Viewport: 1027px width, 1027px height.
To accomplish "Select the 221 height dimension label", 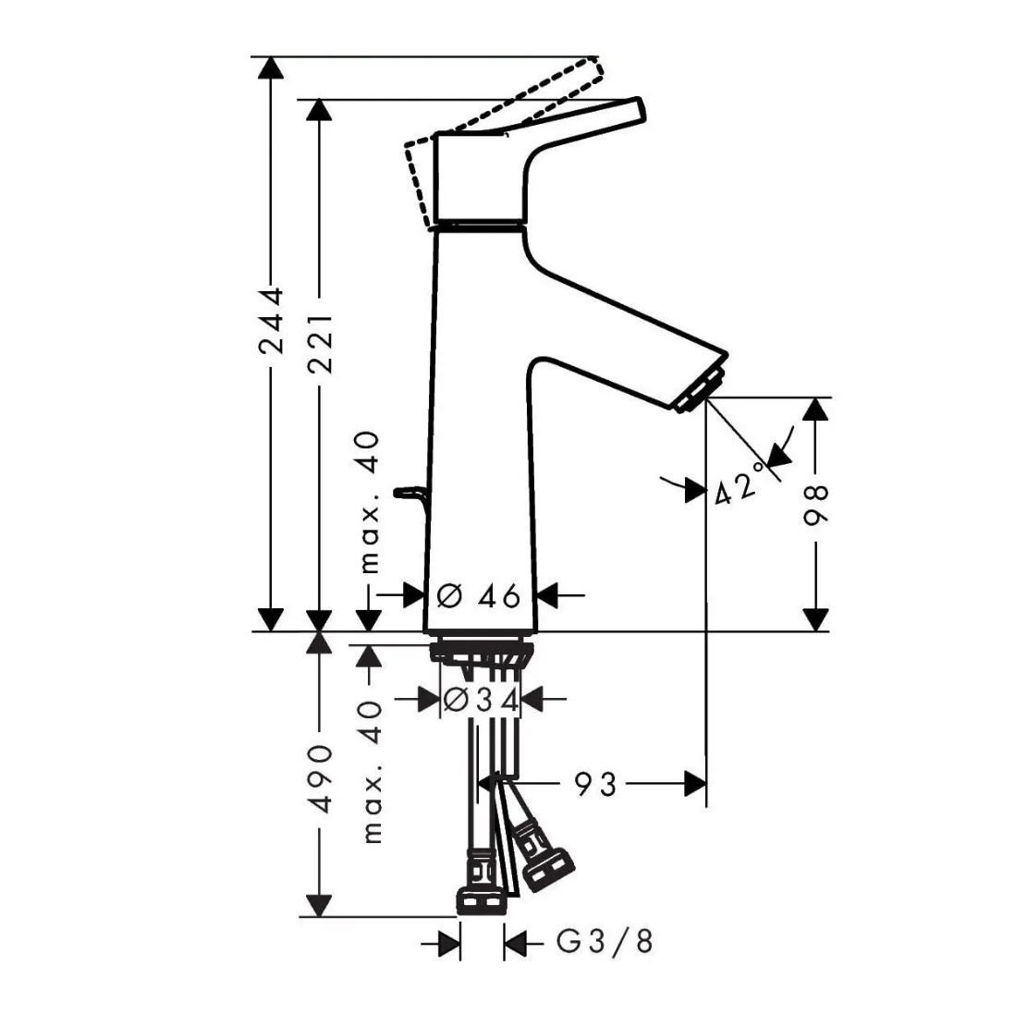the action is [x=321, y=342].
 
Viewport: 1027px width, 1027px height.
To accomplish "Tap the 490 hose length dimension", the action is [x=321, y=777].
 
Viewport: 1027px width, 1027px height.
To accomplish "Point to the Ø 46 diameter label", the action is [x=478, y=596].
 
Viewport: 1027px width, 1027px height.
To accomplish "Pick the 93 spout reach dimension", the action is [x=596, y=783].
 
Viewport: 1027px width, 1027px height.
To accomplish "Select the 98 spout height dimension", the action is [x=816, y=505].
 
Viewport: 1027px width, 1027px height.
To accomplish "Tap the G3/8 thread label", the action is [x=605, y=942].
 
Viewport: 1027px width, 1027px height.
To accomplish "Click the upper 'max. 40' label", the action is [x=370, y=502].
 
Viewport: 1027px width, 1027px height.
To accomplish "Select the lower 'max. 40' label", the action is [x=372, y=772].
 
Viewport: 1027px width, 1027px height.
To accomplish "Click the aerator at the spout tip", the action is [x=700, y=391].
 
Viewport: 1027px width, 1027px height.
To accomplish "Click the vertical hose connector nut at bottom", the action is [x=482, y=901].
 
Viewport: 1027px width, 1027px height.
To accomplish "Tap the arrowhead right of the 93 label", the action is [x=695, y=783].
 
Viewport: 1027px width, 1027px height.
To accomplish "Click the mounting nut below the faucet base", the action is [x=482, y=653].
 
